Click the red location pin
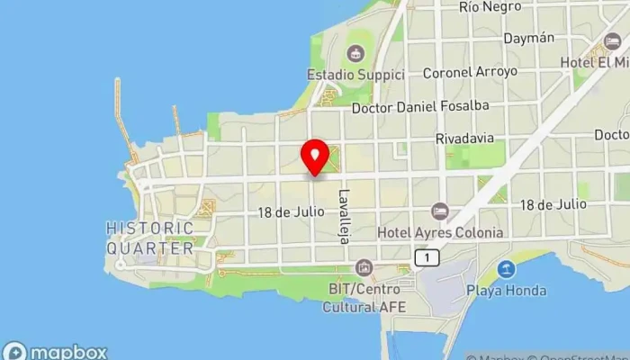tap(315, 157)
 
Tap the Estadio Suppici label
tap(355, 75)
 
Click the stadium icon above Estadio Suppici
tap(356, 53)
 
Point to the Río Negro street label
tap(490, 7)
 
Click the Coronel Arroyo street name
tap(470, 71)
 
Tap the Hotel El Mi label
tap(606, 62)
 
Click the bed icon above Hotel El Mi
tap(613, 41)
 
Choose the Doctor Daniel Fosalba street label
tap(420, 106)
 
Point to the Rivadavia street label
tap(464, 139)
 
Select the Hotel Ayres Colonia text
tap(440, 232)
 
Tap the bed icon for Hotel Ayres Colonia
tap(439, 211)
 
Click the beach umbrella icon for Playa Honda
tap(506, 268)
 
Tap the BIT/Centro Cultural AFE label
tap(364, 298)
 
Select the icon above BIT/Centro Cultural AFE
tap(364, 268)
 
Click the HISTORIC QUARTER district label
tap(149, 238)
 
